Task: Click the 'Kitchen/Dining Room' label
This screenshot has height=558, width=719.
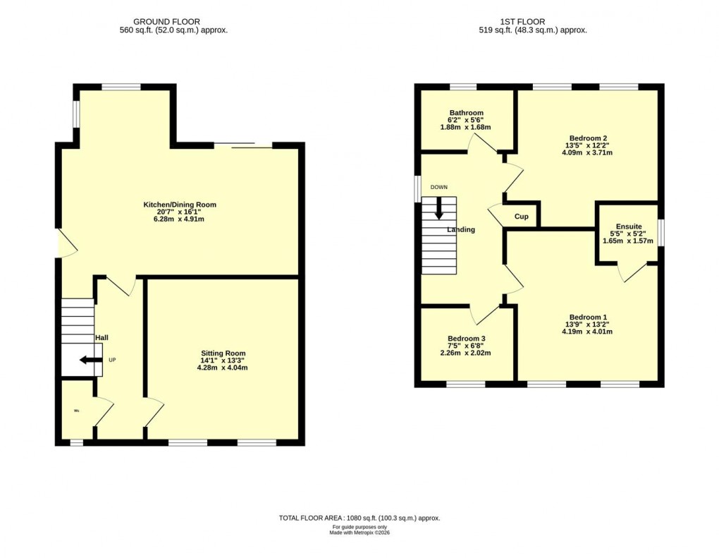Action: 180,205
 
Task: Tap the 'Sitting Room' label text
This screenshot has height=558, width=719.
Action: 223,353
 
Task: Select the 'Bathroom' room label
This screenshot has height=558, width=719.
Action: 466,113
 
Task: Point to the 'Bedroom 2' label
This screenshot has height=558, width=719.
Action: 586,138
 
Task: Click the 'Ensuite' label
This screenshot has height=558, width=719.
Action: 627,227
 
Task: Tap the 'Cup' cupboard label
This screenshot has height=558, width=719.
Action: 522,217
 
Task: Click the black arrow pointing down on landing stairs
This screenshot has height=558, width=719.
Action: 439,207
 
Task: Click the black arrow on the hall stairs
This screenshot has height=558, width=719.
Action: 88,360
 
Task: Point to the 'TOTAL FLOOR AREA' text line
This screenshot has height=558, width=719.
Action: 359,518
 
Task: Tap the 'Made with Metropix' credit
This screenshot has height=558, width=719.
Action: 359,533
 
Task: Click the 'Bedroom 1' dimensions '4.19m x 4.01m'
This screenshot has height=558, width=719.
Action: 584,331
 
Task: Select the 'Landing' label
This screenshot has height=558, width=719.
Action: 461,230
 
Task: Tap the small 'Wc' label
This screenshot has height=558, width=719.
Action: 75,410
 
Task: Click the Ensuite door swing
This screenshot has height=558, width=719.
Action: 633,272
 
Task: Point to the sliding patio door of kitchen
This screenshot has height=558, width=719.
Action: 243,146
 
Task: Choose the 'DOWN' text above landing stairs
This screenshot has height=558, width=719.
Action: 439,188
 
